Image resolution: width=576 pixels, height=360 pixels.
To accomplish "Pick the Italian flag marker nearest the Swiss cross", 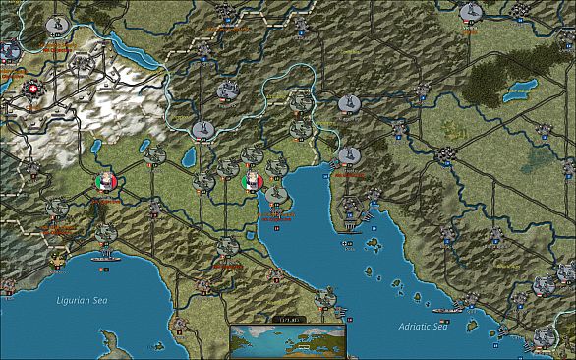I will click(x=107, y=182).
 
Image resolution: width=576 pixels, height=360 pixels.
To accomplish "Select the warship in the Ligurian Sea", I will click(x=102, y=259).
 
